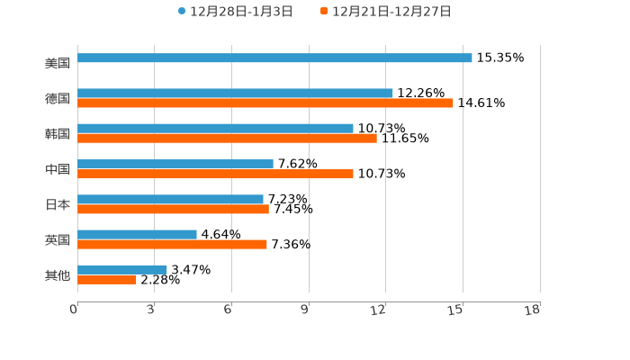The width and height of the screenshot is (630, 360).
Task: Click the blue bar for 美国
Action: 274,58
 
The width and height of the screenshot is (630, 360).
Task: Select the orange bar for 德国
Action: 265,103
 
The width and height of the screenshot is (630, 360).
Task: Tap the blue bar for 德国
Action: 235,94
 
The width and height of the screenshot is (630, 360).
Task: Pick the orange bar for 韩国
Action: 227,139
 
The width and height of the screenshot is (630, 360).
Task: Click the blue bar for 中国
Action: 175,165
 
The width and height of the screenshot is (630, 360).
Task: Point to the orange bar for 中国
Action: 215,174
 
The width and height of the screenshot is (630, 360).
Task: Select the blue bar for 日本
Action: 170,200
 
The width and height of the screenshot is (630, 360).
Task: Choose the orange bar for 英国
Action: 172,244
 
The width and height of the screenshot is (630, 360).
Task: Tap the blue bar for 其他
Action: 122,269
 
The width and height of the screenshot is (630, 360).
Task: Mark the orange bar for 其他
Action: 107,279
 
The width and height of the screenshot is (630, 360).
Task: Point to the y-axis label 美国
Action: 58,64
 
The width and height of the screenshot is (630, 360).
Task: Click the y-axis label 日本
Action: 58,205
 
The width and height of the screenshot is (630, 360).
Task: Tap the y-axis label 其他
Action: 58,275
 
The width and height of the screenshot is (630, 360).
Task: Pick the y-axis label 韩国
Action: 58,134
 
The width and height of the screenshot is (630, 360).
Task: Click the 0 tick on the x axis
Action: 74,310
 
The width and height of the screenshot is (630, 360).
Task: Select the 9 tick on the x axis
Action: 305,310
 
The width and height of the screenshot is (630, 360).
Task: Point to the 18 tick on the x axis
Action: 533,310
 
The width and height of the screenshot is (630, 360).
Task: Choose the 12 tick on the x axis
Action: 379,310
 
